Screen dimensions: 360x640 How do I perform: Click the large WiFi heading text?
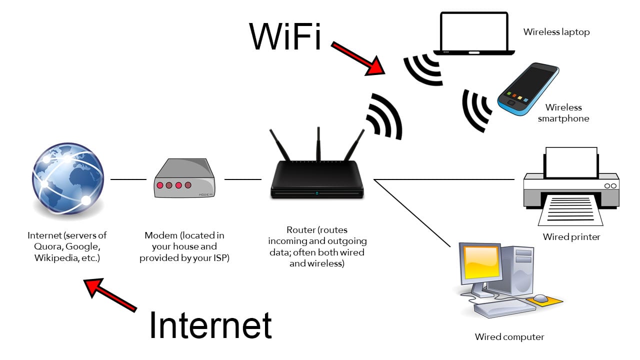[x=285, y=36]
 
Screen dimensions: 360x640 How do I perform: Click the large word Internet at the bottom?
[x=210, y=325]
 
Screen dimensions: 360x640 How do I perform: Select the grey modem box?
[x=184, y=179]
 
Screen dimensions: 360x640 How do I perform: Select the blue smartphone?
[x=528, y=89]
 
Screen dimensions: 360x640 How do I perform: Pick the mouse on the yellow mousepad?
[x=540, y=298]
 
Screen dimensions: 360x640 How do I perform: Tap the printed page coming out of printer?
[x=570, y=209]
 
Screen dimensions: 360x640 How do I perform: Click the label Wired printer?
[x=571, y=237]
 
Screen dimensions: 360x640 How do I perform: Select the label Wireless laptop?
[x=556, y=32]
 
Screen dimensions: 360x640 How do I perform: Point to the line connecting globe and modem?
[x=128, y=179]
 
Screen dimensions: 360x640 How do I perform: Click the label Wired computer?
[x=509, y=337]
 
